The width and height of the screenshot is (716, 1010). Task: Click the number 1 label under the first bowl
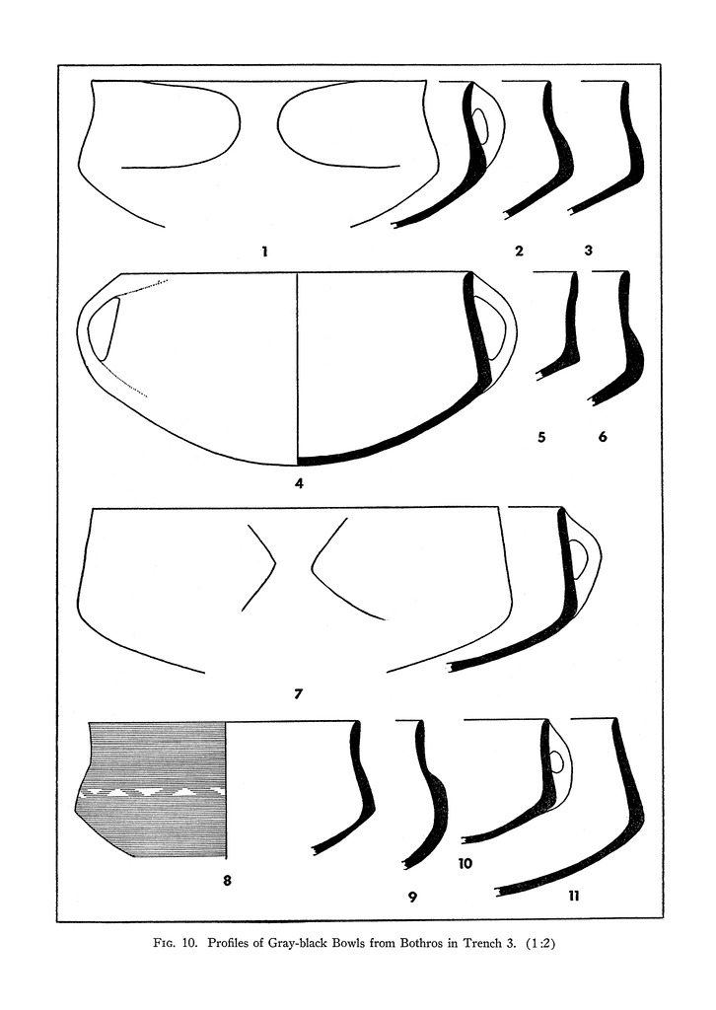tap(264, 252)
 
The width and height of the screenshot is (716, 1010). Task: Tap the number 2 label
tap(520, 251)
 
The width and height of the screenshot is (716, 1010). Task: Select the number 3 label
tap(588, 250)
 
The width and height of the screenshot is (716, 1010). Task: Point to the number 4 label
tap(299, 482)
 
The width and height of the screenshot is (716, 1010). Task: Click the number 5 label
tap(541, 437)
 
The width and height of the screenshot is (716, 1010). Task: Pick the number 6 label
tap(603, 437)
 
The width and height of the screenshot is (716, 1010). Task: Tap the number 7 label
tap(298, 694)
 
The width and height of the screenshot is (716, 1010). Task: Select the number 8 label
tap(227, 880)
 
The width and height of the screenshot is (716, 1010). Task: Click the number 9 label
tap(412, 896)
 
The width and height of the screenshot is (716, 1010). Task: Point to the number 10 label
tap(465, 864)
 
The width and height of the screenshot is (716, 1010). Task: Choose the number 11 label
tap(574, 896)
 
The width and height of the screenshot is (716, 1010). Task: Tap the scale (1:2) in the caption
tap(540, 944)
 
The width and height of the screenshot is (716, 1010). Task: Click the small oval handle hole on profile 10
tap(557, 762)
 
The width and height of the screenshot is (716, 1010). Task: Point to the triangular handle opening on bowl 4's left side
tap(103, 327)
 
